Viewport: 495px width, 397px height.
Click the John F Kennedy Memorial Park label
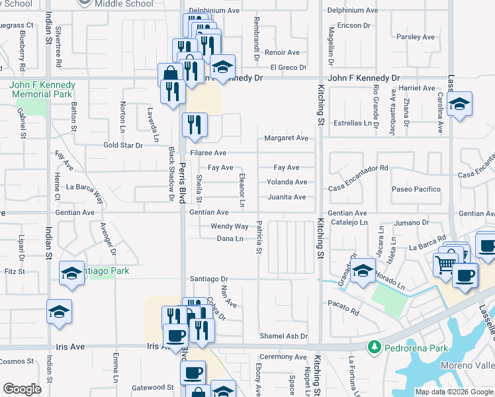pyautogui.click(x=43, y=89)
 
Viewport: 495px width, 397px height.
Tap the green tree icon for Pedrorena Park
pyautogui.click(x=375, y=347)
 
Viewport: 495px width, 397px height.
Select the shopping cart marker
pyautogui.click(x=445, y=264)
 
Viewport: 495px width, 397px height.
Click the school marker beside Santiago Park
pyautogui.click(x=71, y=273)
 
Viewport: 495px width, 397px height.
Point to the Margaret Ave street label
pyautogui.click(x=287, y=138)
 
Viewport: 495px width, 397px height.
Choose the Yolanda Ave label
pyautogui.click(x=287, y=182)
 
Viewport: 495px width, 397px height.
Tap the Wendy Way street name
pyautogui.click(x=230, y=226)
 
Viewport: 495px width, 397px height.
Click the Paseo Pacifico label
pyautogui.click(x=416, y=189)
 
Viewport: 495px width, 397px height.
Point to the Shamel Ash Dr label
pyautogui.click(x=284, y=336)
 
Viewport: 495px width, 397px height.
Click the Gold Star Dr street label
pyautogui.click(x=123, y=145)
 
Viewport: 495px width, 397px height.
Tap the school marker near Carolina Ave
pyautogui.click(x=459, y=105)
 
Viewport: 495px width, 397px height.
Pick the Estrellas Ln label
pyautogui.click(x=352, y=123)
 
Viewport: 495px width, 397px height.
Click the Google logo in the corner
pyautogui.click(x=22, y=388)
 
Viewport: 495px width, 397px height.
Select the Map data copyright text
pyautogui.click(x=454, y=392)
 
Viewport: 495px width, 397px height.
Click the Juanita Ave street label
pyautogui.click(x=287, y=197)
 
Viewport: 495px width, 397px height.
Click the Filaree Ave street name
pyautogui.click(x=208, y=153)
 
